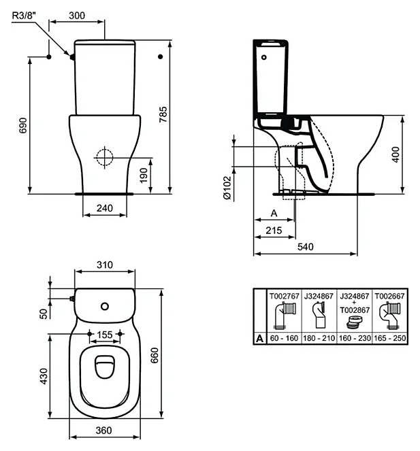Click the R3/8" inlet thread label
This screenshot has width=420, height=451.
[x=25, y=15]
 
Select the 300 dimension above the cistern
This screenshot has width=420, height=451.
[x=77, y=15]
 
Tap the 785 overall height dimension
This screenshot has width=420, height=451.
[x=163, y=114]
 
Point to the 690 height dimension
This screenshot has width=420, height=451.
[x=22, y=125]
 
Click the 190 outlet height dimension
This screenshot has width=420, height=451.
[x=144, y=176]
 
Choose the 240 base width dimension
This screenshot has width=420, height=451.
[x=105, y=208]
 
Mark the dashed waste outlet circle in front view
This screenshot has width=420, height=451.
[x=105, y=157]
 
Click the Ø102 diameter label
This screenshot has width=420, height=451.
[x=227, y=188]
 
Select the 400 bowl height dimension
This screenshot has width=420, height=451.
[x=396, y=154]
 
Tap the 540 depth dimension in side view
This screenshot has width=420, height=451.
[x=306, y=246]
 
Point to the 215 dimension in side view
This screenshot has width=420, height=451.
[x=274, y=231]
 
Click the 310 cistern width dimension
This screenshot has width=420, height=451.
[x=105, y=265]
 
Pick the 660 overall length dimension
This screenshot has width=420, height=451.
[x=155, y=355]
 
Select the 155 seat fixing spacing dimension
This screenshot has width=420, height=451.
[x=105, y=335]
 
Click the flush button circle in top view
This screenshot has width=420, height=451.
[x=105, y=306]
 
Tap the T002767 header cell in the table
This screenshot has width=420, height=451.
[x=284, y=296]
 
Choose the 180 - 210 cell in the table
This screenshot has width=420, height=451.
[x=319, y=338]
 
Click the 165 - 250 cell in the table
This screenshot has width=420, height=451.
[x=390, y=338]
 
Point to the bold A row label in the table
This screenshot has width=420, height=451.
[x=259, y=339]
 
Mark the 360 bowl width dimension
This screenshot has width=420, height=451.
[x=103, y=431]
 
